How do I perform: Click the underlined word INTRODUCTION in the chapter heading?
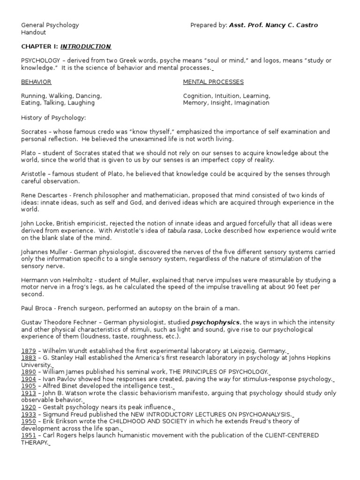point(86,46)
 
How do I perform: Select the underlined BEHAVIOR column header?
point(36,82)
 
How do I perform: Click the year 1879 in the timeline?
point(28,351)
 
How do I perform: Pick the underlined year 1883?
point(28,358)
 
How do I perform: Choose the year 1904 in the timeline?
point(28,379)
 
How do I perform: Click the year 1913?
point(28,393)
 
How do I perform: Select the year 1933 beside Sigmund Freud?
point(28,414)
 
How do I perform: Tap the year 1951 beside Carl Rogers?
point(28,435)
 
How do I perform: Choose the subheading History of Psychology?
point(54,117)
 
